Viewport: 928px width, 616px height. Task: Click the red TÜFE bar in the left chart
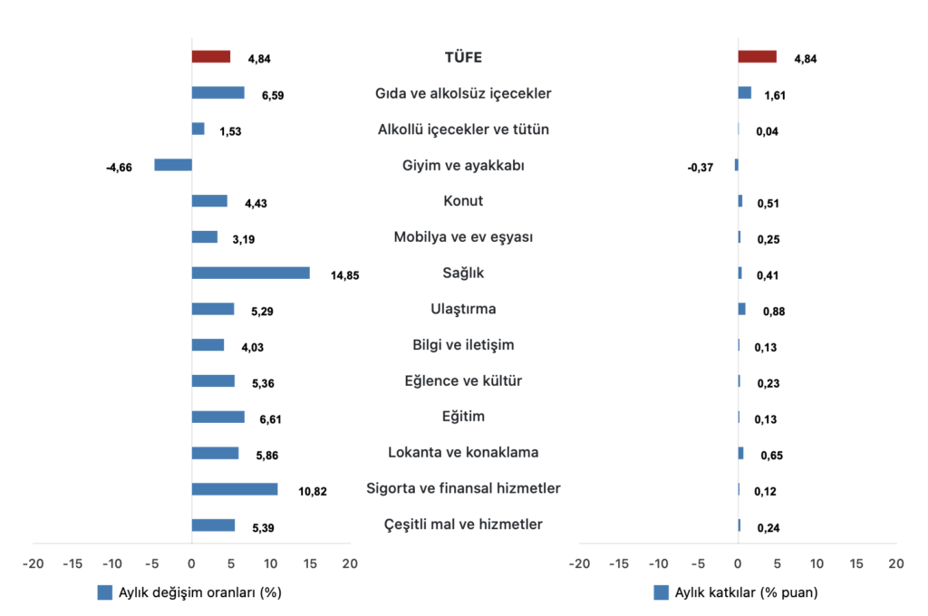tap(210, 56)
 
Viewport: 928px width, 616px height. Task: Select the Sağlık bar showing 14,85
tap(250, 273)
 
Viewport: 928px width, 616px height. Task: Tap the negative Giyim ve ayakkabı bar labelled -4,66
tap(173, 165)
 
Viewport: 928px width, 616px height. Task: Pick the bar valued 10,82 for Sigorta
tap(235, 489)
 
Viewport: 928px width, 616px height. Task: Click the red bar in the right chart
tap(757, 56)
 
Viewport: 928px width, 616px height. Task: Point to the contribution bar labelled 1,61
tap(744, 92)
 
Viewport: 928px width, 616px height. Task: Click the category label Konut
tap(463, 201)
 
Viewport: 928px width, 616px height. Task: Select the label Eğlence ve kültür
tap(463, 381)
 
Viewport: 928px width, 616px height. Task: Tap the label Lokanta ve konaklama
tap(463, 453)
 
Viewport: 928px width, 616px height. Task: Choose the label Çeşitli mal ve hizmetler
tap(463, 525)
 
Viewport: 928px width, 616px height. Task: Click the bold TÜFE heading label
tap(463, 57)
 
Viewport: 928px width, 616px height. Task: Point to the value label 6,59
tap(271, 95)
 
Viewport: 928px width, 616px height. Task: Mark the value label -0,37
tap(701, 168)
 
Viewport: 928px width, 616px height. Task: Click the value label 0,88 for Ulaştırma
tap(773, 312)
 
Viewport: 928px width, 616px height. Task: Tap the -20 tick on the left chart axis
tap(34, 563)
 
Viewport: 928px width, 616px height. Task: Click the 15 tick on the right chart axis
tap(856, 563)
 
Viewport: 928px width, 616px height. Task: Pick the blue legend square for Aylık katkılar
tap(660, 593)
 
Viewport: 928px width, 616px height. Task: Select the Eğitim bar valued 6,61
tap(217, 417)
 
